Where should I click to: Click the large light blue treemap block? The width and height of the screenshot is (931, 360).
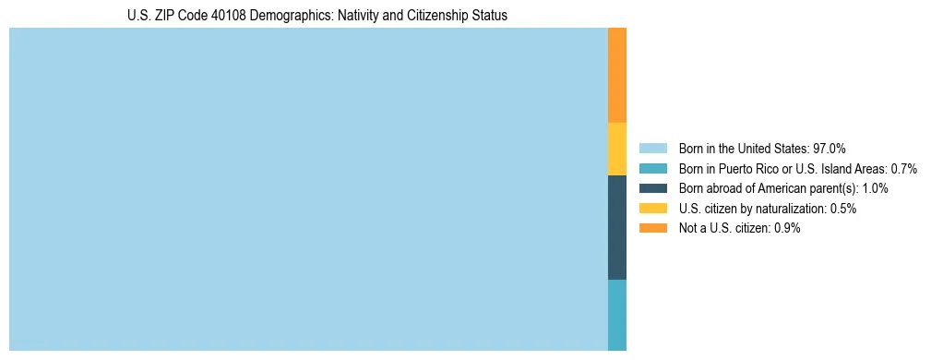pos(308,189)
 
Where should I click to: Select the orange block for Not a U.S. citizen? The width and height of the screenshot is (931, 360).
pos(617,75)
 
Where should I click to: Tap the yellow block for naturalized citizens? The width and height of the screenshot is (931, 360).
pos(617,149)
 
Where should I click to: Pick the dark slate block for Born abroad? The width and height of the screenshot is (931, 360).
pos(617,227)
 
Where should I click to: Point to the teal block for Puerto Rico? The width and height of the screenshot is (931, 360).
pos(617,315)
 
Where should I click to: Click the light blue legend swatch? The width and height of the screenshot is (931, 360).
pos(653,148)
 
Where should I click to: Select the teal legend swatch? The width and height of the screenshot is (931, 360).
pos(653,168)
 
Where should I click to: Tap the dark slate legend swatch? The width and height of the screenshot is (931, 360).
pos(653,188)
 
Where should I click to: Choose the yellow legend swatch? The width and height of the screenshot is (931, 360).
pos(653,209)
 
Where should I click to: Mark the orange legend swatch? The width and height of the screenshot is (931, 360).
pos(653,229)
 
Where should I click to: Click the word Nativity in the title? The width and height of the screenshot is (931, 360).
pos(357,16)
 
